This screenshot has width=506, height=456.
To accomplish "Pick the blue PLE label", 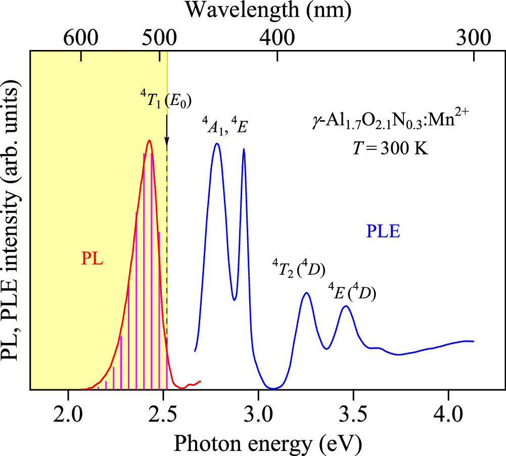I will click(x=383, y=232).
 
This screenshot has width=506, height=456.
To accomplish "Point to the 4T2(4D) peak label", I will click(x=299, y=268).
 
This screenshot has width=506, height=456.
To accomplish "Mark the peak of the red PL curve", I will click(x=149, y=141).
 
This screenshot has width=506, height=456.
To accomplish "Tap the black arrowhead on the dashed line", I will click(x=167, y=147).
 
